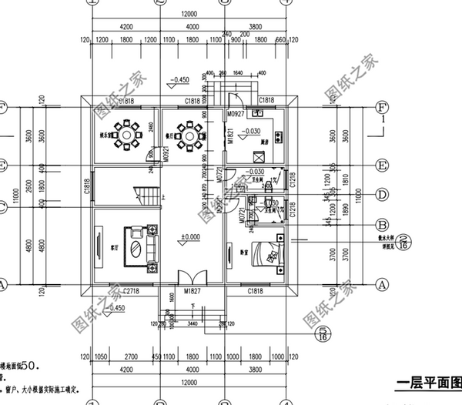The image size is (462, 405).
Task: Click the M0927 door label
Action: coord(236,114)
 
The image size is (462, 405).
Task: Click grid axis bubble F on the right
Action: coord(380,106)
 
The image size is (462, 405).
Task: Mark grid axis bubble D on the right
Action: coord(380,195)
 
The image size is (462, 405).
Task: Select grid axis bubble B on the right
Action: coord(380,225)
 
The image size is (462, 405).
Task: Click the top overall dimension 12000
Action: coord(189,15)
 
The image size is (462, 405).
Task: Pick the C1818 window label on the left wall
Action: coord(87,186)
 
